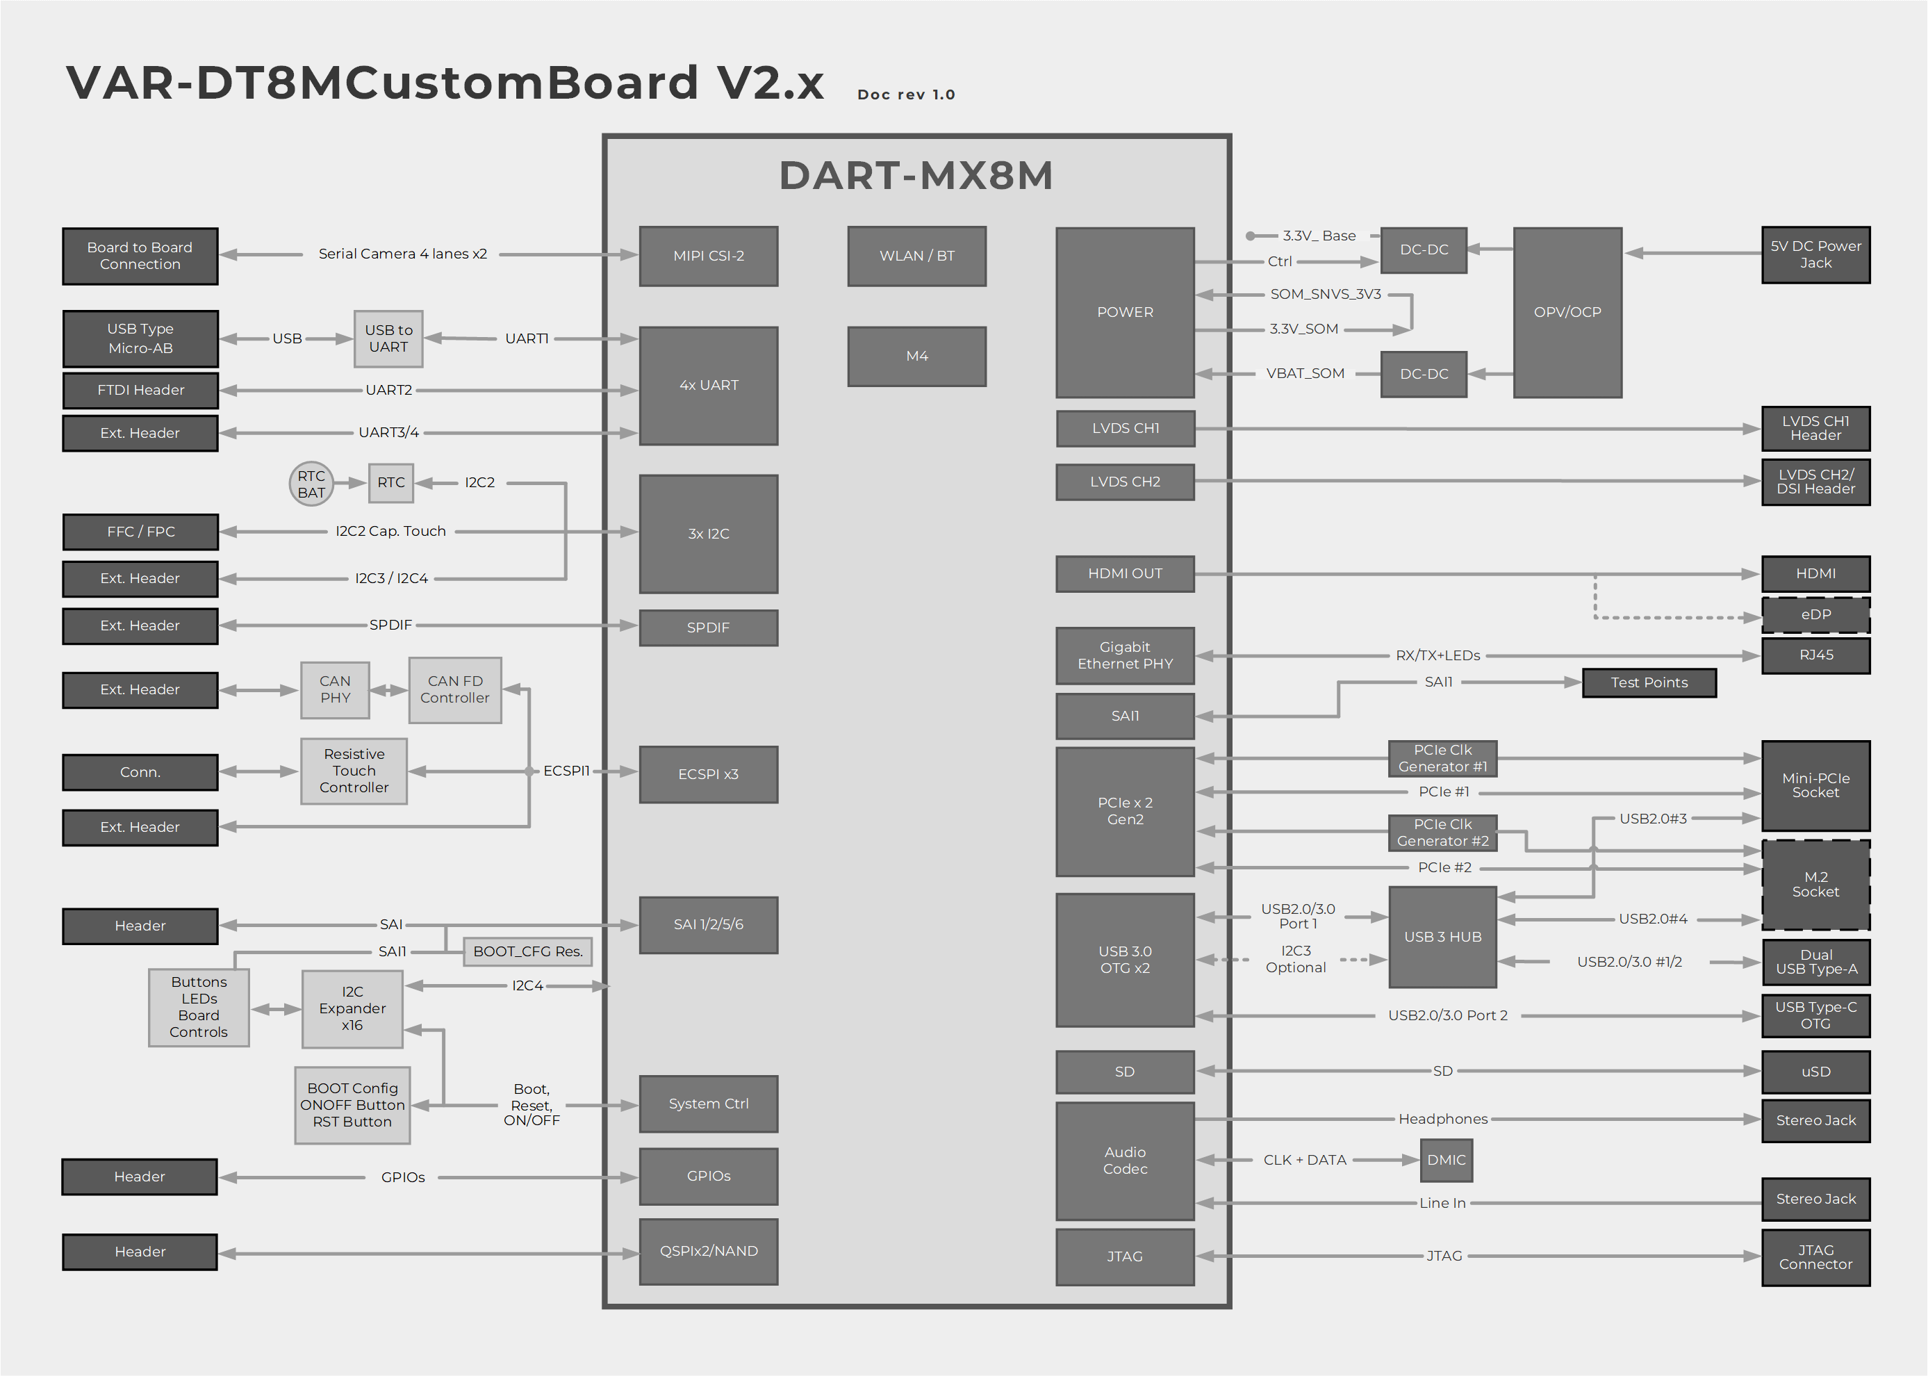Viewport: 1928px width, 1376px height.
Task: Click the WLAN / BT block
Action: pyautogui.click(x=916, y=256)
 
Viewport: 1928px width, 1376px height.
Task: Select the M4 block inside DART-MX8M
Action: pyautogui.click(x=916, y=357)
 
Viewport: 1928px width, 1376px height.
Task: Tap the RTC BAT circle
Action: pyautogui.click(x=311, y=484)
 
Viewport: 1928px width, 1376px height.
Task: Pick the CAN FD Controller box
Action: pyautogui.click(x=455, y=689)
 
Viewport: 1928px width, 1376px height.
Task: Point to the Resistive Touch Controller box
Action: pyautogui.click(x=354, y=771)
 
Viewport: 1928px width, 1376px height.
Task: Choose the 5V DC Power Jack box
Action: pyautogui.click(x=1815, y=255)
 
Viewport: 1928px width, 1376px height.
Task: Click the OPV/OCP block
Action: pyautogui.click(x=1567, y=312)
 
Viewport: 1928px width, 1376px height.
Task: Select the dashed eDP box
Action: pyautogui.click(x=1815, y=615)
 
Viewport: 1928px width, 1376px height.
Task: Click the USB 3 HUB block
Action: pyautogui.click(x=1442, y=937)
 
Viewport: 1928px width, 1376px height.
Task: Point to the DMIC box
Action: pyautogui.click(x=1446, y=1160)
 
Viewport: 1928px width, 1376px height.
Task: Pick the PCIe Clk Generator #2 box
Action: pyautogui.click(x=1442, y=833)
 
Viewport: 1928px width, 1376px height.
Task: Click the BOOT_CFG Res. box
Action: pyautogui.click(x=528, y=951)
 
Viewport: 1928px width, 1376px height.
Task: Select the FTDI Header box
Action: pyautogui.click(x=140, y=391)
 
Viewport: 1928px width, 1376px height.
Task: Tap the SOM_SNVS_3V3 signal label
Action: pyautogui.click(x=1325, y=294)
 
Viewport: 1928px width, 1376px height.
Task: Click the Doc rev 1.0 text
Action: pyautogui.click(x=905, y=95)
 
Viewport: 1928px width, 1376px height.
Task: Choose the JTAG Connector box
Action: pyautogui.click(x=1815, y=1257)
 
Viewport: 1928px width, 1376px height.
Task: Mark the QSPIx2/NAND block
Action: pyautogui.click(x=708, y=1252)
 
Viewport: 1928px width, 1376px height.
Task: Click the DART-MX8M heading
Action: pyautogui.click(x=916, y=175)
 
